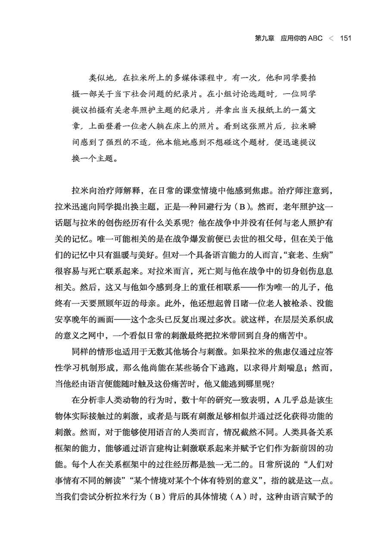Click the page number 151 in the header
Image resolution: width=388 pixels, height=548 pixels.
[346, 38]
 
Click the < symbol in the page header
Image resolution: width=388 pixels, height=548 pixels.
[331, 38]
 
